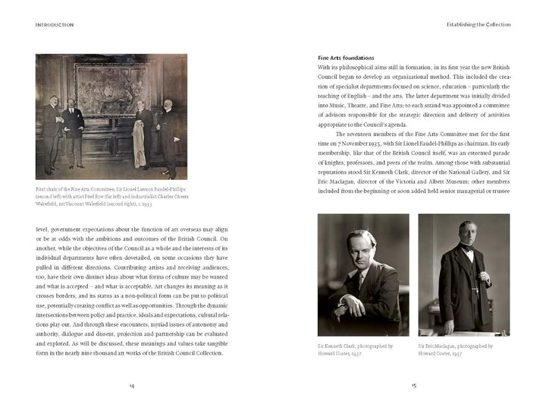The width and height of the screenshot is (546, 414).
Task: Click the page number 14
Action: point(131,385)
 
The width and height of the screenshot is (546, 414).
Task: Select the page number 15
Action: point(414,385)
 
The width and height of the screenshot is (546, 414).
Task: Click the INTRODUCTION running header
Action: point(55,24)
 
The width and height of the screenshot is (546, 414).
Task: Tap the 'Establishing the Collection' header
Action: point(477,24)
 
